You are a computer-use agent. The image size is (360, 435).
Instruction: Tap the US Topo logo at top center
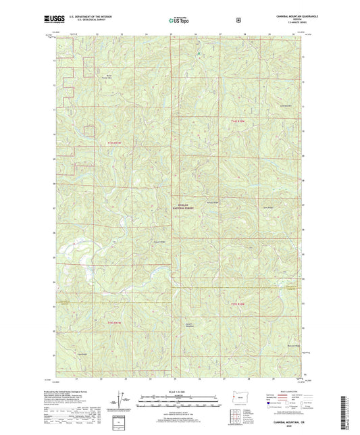179,21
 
